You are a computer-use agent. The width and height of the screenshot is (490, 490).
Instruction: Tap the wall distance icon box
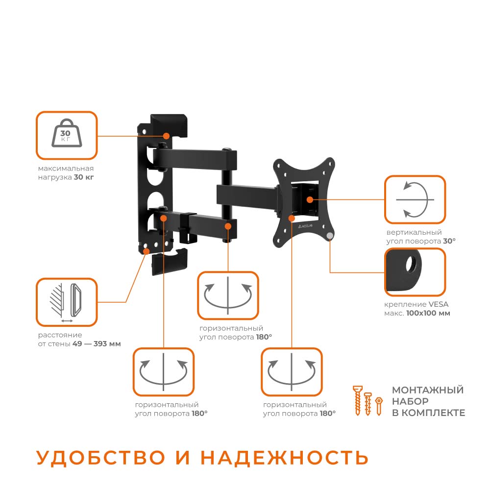[x=67, y=302]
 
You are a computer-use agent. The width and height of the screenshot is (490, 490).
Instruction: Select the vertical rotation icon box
[x=415, y=199]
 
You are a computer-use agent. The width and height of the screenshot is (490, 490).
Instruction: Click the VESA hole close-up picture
[x=415, y=272]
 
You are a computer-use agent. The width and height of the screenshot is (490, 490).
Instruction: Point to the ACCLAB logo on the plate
[x=305, y=225]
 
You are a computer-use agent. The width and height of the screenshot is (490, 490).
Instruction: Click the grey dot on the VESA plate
[x=330, y=236]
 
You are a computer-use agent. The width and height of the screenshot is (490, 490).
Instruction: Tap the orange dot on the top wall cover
[x=166, y=136]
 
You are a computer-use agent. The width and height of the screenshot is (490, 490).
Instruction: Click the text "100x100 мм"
[x=428, y=313]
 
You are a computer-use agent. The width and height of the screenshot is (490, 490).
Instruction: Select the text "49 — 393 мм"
[x=97, y=344]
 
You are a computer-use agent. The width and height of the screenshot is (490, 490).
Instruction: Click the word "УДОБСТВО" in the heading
[x=100, y=458]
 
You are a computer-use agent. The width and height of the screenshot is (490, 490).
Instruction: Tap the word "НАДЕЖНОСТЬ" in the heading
[x=284, y=458]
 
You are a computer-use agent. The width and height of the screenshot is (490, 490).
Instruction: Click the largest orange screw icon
[x=358, y=400]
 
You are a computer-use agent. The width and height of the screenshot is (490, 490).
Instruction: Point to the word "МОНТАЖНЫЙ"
[x=428, y=390]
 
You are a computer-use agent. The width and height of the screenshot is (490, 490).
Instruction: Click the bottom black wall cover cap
[x=170, y=261]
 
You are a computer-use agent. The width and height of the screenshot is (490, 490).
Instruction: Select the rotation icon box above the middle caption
[x=228, y=295]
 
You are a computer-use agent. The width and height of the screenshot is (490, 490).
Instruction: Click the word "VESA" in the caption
[x=439, y=304]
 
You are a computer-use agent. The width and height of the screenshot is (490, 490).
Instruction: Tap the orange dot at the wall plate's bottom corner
[x=146, y=250]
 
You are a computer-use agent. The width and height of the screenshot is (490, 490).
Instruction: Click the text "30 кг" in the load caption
[x=84, y=177]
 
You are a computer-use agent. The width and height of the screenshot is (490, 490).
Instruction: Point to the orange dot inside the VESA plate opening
[x=309, y=199]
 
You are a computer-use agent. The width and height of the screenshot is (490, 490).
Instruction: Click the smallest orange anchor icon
[x=378, y=406]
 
